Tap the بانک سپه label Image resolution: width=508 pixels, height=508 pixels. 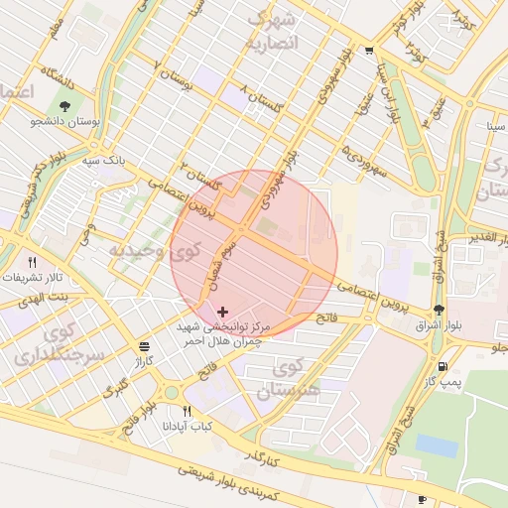click(x=104, y=158)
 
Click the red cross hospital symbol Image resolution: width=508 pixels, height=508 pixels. click(x=222, y=312)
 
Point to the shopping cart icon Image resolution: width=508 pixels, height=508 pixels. click(x=369, y=51)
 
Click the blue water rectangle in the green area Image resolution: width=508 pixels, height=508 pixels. click(x=437, y=445)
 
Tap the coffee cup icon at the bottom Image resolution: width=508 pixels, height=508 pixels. click(x=423, y=499)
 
